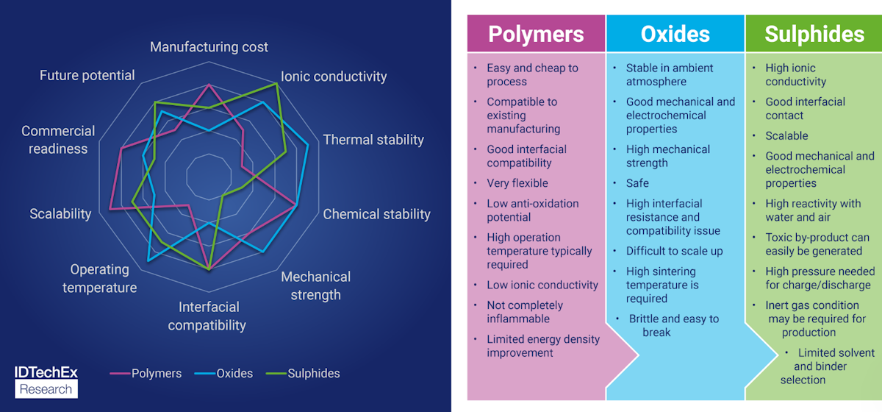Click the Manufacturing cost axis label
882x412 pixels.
209,47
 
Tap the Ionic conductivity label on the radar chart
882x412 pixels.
334,77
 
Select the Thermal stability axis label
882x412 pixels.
373,140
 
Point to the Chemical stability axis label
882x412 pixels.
376,214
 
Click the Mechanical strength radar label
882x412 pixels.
315,285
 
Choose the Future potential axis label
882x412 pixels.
87,75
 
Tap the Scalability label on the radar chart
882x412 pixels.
60,214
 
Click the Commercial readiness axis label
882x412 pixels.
58,140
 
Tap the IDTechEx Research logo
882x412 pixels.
46,381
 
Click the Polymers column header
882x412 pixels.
536,34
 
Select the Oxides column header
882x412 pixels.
675,34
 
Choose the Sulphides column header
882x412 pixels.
814,34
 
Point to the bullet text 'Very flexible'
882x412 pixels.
517,183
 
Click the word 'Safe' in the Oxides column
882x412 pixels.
637,183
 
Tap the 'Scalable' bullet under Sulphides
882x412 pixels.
786,136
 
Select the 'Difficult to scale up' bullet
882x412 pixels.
674,251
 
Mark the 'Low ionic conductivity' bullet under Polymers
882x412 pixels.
542,285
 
